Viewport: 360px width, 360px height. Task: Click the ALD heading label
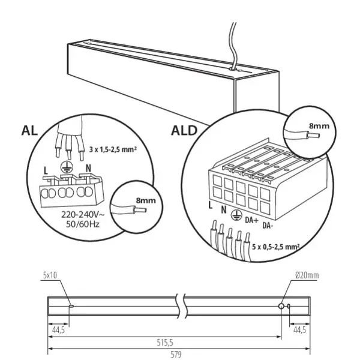184,130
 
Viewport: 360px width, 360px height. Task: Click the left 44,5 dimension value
58,329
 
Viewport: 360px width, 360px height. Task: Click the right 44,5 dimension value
299,329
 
